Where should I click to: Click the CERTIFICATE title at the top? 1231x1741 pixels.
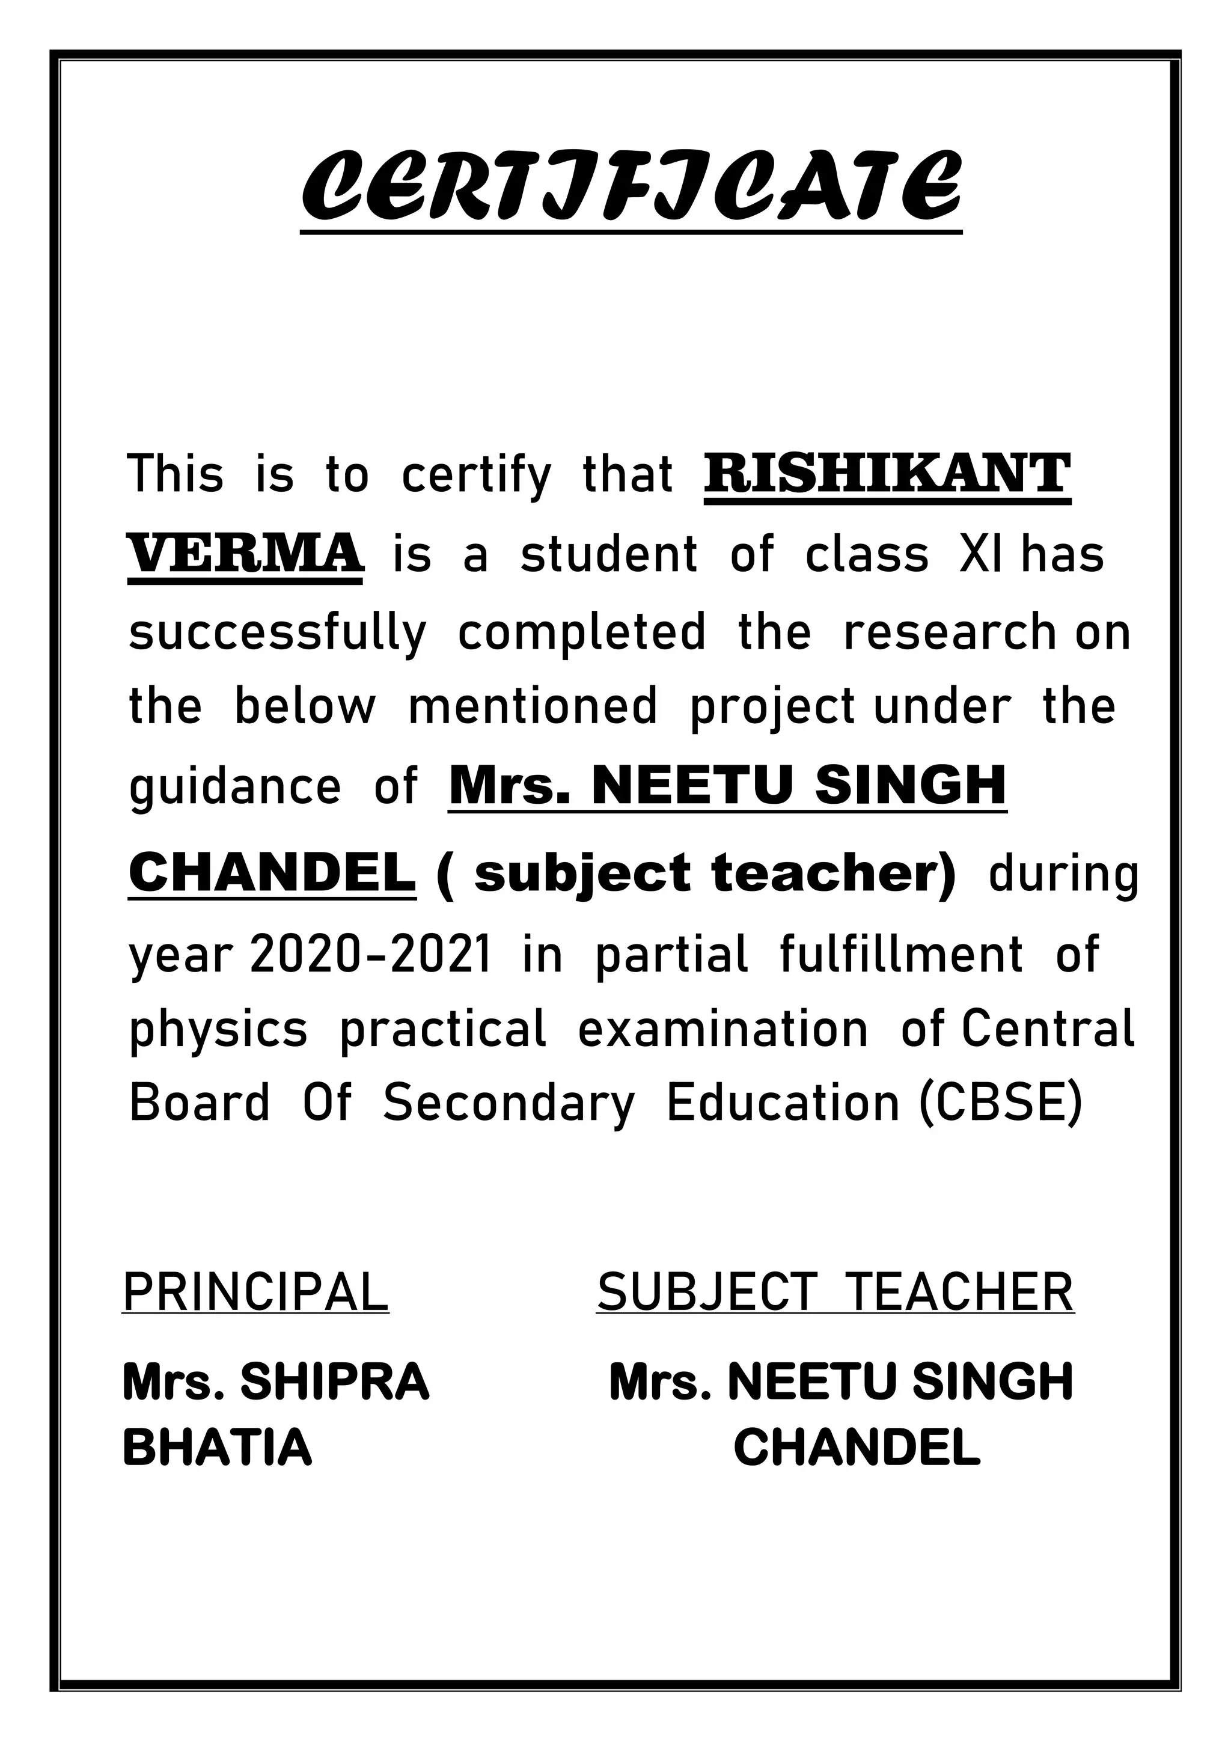[x=631, y=185]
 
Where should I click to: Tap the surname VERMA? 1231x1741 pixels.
[x=245, y=553]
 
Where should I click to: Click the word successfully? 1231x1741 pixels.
[x=278, y=633]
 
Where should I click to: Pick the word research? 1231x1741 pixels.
[x=950, y=632]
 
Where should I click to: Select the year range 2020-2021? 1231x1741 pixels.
[x=371, y=954]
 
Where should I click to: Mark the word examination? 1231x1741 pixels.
[x=723, y=1030]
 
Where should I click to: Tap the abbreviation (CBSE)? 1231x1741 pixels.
[x=1001, y=1103]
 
